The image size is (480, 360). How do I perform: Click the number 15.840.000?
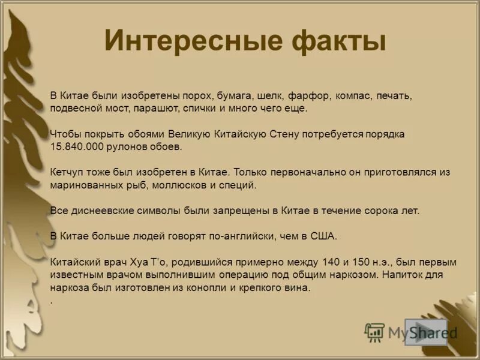(x=76, y=146)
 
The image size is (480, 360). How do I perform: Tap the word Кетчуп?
(x=67, y=172)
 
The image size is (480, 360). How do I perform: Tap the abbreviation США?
(x=325, y=236)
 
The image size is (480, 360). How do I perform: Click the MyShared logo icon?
(x=374, y=332)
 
